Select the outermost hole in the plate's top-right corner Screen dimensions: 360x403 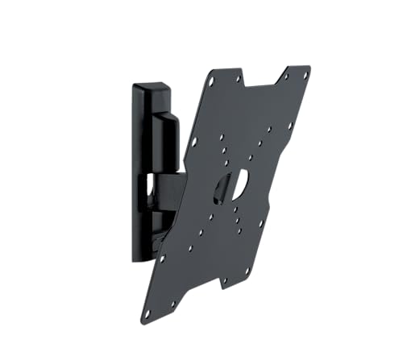[x=305, y=75]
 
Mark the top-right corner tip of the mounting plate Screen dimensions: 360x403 [x=310, y=68]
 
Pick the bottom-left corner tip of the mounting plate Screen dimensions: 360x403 [x=144, y=320]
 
